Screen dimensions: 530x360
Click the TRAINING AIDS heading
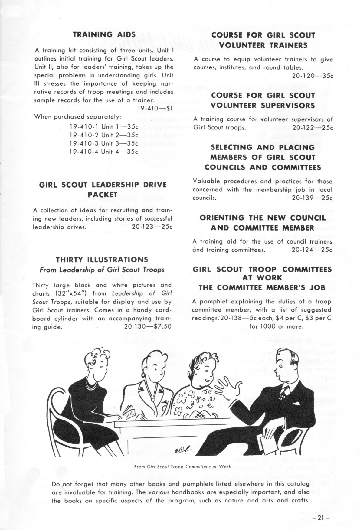click(x=104, y=34)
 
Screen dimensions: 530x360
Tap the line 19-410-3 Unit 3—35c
click(x=104, y=143)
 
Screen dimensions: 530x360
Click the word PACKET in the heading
click(x=103, y=194)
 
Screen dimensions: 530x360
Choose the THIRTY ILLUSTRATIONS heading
click(x=102, y=260)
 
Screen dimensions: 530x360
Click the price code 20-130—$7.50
click(x=148, y=326)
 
